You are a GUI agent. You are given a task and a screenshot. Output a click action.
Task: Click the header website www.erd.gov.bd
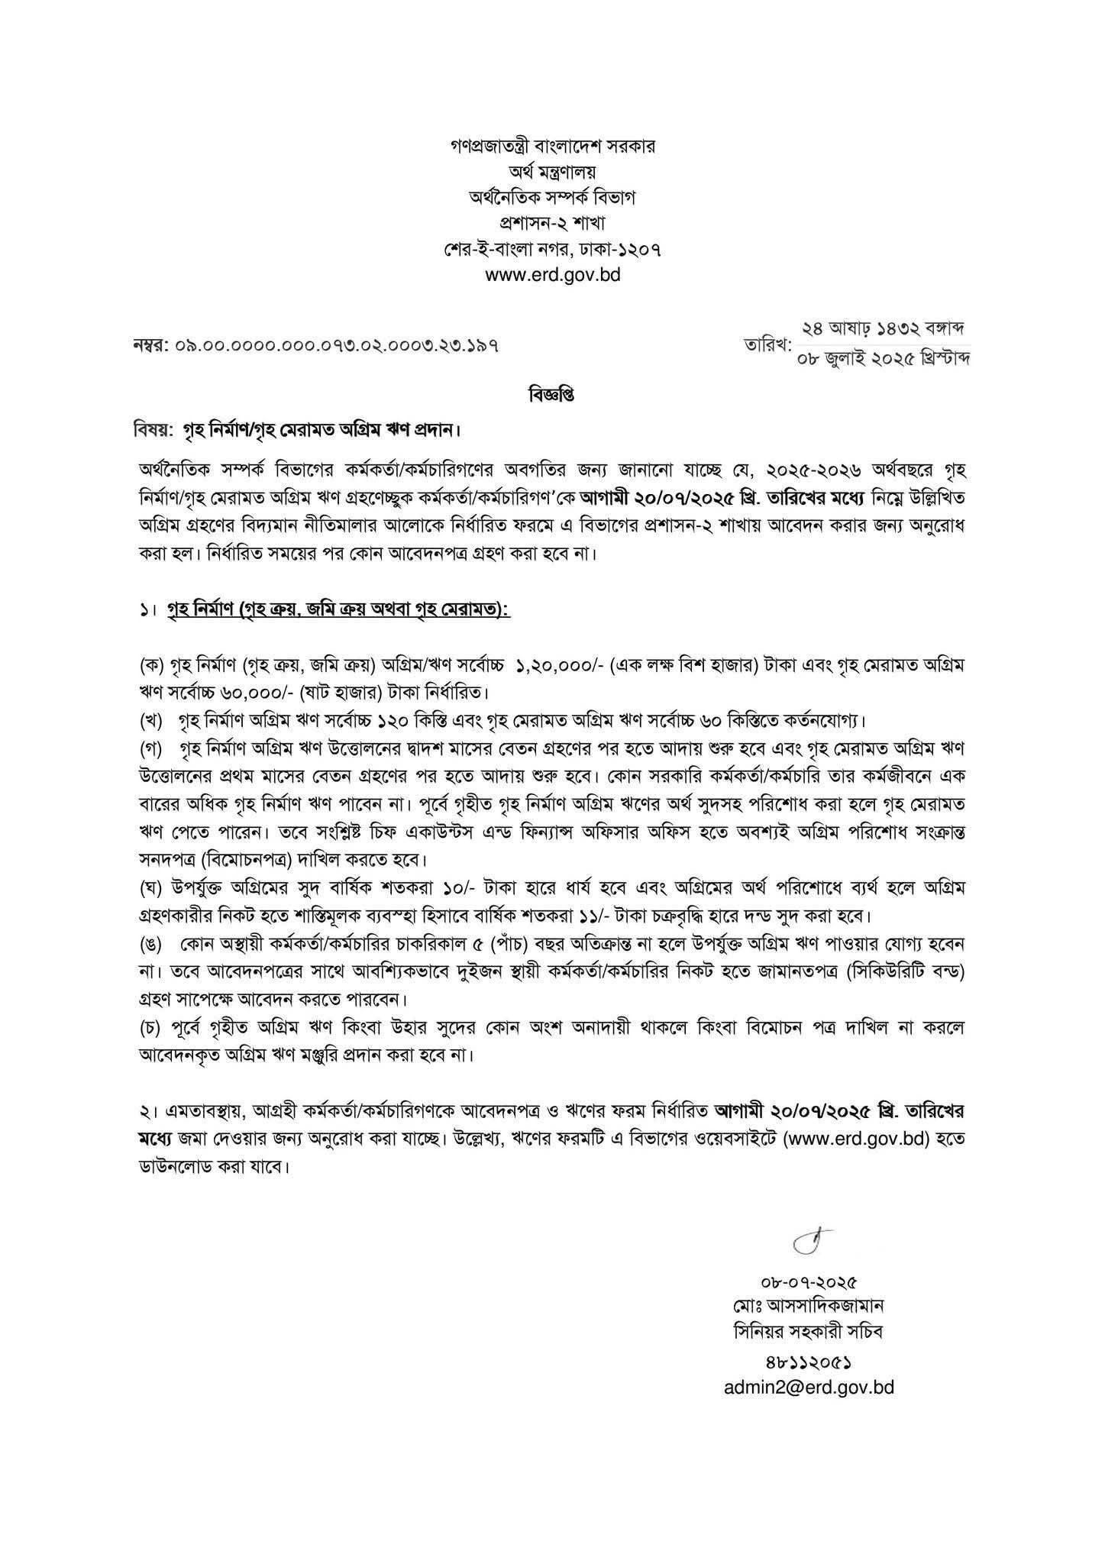tap(552, 275)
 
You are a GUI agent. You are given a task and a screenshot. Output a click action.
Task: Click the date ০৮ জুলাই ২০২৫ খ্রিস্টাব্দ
tap(883, 357)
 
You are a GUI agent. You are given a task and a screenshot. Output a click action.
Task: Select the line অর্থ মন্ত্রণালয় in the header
tap(552, 172)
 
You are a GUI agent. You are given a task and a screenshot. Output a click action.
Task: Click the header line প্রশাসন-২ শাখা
tap(552, 224)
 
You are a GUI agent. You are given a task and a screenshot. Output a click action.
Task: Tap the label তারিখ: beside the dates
tap(767, 345)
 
